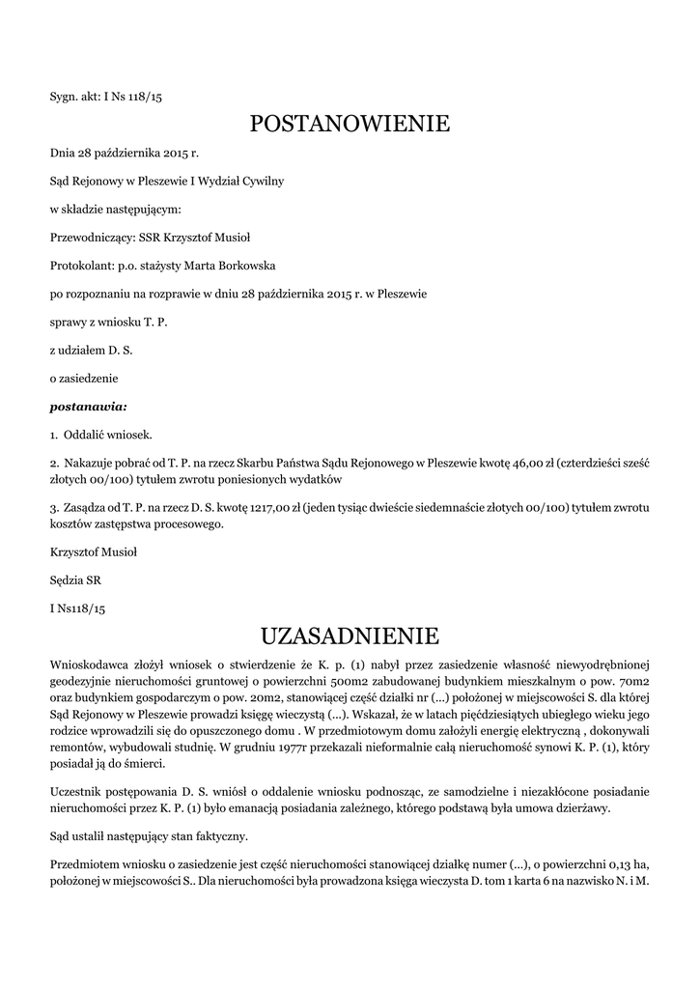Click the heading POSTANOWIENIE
(x=350, y=125)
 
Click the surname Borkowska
(x=249, y=265)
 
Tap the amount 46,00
(x=526, y=463)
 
